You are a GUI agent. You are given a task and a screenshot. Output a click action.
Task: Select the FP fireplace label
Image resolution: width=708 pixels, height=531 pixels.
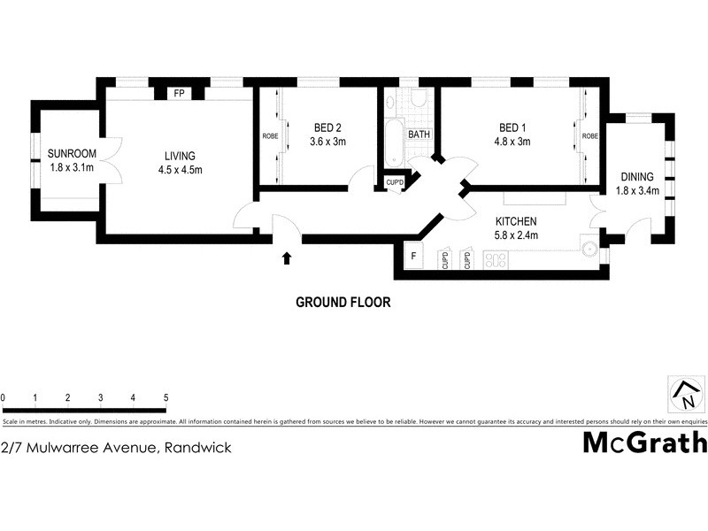click(179, 93)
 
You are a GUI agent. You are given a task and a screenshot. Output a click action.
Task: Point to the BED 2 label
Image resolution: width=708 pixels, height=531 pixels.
click(327, 127)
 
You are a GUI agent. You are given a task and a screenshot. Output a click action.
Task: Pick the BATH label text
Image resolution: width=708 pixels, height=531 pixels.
click(419, 135)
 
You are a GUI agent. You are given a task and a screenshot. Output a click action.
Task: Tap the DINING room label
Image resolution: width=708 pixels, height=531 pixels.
click(636, 177)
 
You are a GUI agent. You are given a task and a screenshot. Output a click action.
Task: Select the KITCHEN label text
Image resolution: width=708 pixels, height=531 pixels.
click(516, 221)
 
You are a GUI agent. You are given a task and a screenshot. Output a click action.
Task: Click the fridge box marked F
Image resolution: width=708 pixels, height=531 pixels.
click(413, 258)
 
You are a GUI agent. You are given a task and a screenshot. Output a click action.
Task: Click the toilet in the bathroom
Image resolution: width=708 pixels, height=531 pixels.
click(419, 100)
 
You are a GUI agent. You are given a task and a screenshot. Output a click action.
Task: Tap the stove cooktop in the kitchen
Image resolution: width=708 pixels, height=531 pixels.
click(497, 259)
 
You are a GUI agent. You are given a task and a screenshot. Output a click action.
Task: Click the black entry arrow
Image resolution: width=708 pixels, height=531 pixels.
click(286, 258)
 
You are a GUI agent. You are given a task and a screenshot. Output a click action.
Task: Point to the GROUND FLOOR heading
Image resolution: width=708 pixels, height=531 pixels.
click(342, 302)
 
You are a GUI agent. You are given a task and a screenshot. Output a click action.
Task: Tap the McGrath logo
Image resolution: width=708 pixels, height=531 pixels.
click(644, 442)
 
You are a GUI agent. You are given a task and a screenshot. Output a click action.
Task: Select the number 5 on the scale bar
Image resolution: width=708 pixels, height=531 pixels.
click(165, 398)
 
